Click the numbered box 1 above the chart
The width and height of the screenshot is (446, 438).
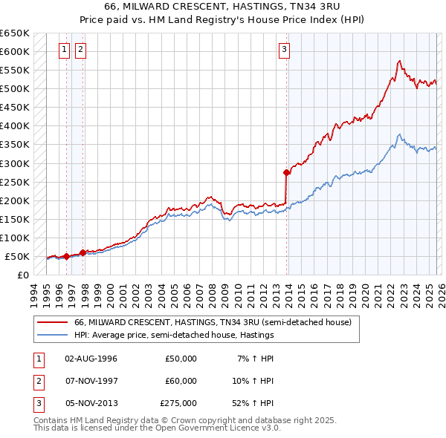pyautogui.click(x=65, y=50)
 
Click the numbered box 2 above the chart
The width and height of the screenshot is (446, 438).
pyautogui.click(x=80, y=50)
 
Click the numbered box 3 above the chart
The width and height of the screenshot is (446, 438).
pyautogui.click(x=284, y=50)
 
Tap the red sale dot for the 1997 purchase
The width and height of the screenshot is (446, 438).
pyautogui.click(x=83, y=252)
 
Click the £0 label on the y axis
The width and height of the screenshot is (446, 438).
pyautogui.click(x=22, y=275)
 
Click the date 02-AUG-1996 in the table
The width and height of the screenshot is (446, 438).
pyautogui.click(x=91, y=359)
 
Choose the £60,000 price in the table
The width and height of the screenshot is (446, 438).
pyautogui.click(x=181, y=381)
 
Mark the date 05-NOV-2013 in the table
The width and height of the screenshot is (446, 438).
pyautogui.click(x=91, y=403)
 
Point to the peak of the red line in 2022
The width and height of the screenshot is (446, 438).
pyautogui.click(x=400, y=61)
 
